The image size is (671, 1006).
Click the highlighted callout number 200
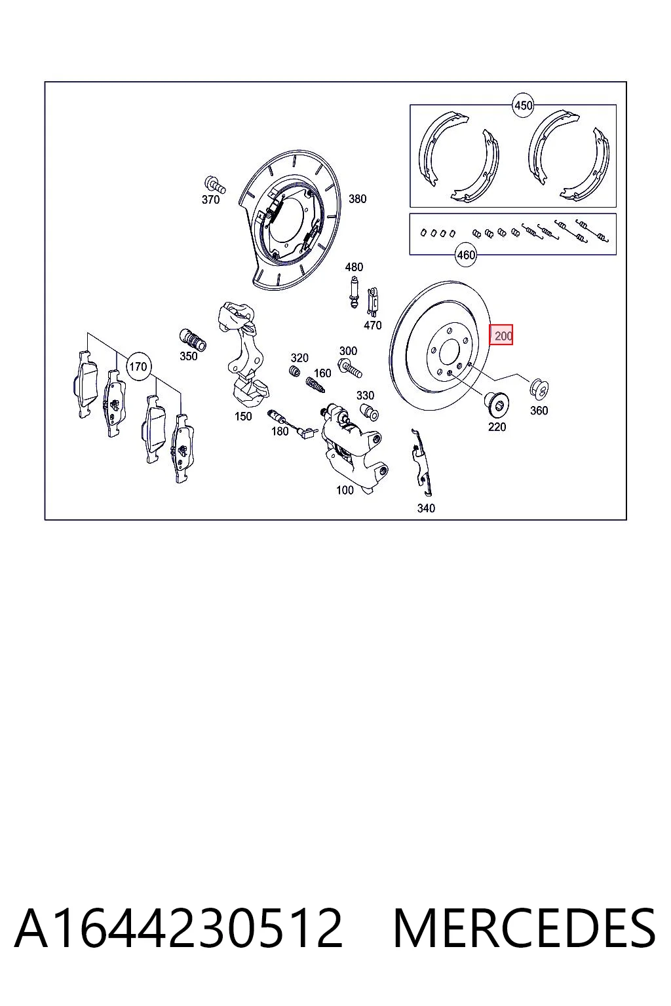click(x=501, y=335)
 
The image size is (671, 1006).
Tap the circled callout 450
click(x=523, y=105)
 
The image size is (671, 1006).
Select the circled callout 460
click(x=466, y=255)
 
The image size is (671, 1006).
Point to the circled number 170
click(x=138, y=367)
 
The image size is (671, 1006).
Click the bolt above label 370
click(x=215, y=184)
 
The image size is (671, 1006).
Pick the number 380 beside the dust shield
click(x=357, y=198)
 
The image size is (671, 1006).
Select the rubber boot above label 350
click(x=193, y=339)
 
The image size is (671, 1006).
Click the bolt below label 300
click(x=350, y=367)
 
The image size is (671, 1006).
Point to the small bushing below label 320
click(x=294, y=371)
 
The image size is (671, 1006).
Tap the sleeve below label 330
click(x=369, y=411)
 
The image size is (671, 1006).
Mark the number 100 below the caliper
click(x=345, y=490)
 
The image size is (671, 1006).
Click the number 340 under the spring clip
click(x=426, y=508)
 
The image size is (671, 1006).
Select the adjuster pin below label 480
click(x=354, y=292)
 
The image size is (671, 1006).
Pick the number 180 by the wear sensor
click(x=280, y=431)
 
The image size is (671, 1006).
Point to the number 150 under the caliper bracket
click(x=242, y=417)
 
